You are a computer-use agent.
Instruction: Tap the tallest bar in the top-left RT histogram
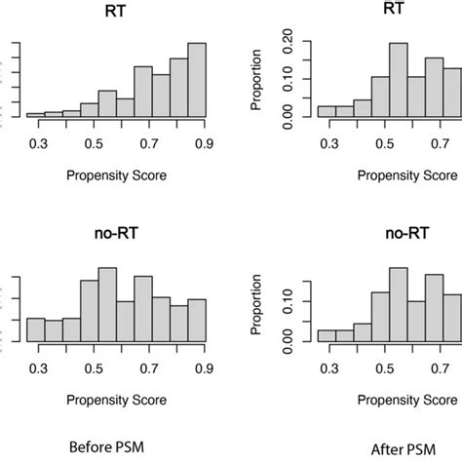[x=197, y=80]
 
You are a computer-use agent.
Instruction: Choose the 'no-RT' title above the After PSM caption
[x=406, y=237]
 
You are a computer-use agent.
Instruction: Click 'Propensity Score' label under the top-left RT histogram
[x=115, y=178]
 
